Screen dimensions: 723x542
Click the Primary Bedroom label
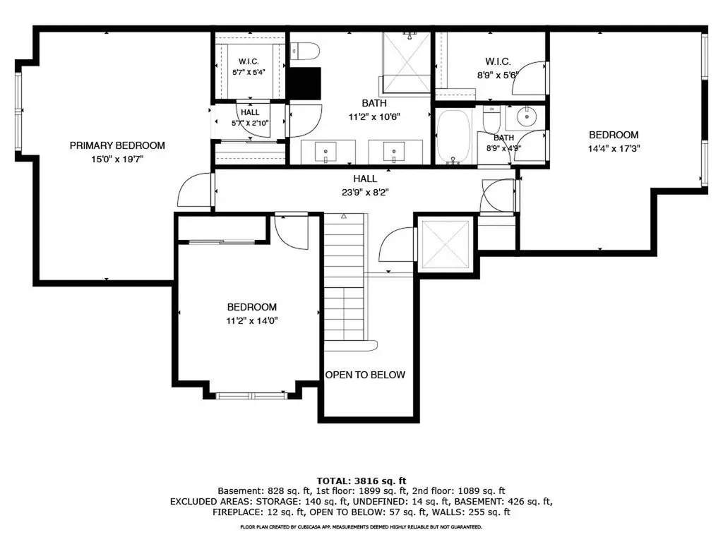point(117,145)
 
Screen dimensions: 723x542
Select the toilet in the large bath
point(305,51)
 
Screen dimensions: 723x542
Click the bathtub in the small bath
point(454,136)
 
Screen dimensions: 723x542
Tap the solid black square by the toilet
point(304,83)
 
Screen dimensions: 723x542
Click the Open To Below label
point(365,375)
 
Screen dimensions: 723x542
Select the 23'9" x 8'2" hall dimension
point(365,193)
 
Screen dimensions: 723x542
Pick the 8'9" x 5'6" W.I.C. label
point(498,75)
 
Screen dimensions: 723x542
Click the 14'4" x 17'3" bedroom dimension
point(614,149)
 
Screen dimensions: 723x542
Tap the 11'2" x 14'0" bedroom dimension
point(252,321)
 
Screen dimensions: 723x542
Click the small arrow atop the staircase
point(344,216)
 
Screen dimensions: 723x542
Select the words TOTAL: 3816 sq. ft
point(361,481)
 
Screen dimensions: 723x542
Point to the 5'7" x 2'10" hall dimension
point(250,123)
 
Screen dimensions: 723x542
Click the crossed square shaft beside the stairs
point(446,243)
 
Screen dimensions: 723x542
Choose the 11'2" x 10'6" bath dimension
point(374,117)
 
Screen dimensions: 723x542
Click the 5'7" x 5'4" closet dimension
point(249,73)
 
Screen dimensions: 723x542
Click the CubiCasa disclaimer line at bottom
point(361,526)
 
